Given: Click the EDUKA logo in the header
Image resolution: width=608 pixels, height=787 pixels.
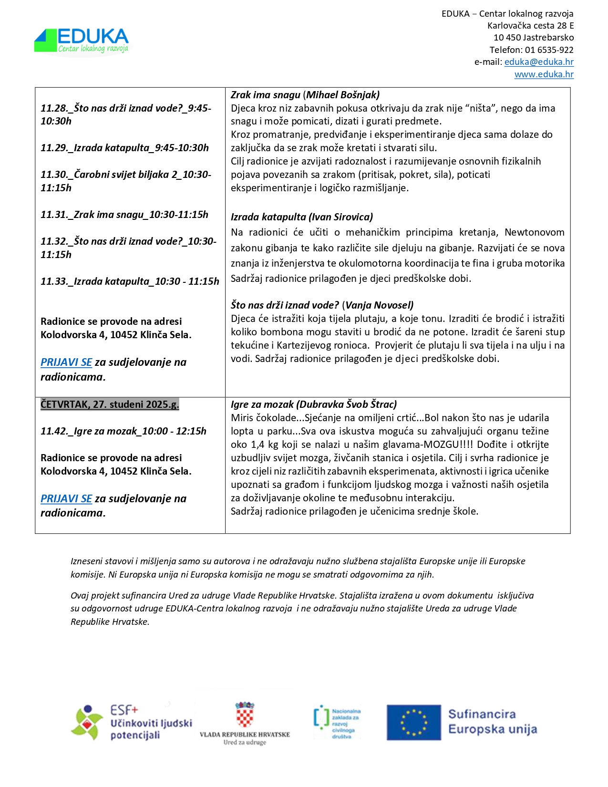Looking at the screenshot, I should pyautogui.click(x=82, y=41).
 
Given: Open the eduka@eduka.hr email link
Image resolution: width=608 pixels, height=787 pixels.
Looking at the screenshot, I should pyautogui.click(x=539, y=62).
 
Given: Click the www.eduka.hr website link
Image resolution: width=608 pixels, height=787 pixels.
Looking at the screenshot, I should pyautogui.click(x=544, y=74).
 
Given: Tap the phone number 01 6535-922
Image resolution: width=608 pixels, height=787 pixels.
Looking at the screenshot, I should pyautogui.click(x=549, y=50).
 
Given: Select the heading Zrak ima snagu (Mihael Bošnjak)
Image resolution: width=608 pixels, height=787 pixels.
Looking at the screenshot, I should pyautogui.click(x=305, y=95).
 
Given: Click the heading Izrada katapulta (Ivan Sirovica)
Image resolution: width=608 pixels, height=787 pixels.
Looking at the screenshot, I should pyautogui.click(x=302, y=217).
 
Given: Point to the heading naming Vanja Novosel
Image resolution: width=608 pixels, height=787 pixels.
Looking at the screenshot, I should pyautogui.click(x=322, y=305).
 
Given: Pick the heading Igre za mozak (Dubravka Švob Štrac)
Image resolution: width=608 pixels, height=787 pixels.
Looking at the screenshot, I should pyautogui.click(x=314, y=404).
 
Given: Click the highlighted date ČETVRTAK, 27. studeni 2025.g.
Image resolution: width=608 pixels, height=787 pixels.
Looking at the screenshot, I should pyautogui.click(x=110, y=404).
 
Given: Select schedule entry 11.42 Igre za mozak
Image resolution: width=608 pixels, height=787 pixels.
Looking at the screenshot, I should pyautogui.click(x=124, y=431).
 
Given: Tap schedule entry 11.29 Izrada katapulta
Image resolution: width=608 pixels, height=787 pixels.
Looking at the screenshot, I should pyautogui.click(x=124, y=148).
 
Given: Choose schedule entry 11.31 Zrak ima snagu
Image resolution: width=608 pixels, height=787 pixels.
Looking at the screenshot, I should pyautogui.click(x=124, y=215).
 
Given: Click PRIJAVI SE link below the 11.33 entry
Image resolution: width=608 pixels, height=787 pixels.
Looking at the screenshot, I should pyautogui.click(x=66, y=362).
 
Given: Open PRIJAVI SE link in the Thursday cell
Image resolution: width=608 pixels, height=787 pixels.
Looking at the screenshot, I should pyautogui.click(x=66, y=499).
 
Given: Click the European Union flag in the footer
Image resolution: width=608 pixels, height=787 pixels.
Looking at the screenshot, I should pyautogui.click(x=413, y=722).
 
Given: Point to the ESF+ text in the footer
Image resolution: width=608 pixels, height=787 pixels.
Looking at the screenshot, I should pyautogui.click(x=124, y=710).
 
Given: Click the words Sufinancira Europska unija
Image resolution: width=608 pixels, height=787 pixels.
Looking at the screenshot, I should pyautogui.click(x=492, y=722).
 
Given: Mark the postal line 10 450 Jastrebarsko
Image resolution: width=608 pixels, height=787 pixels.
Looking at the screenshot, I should pyautogui.click(x=533, y=38).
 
